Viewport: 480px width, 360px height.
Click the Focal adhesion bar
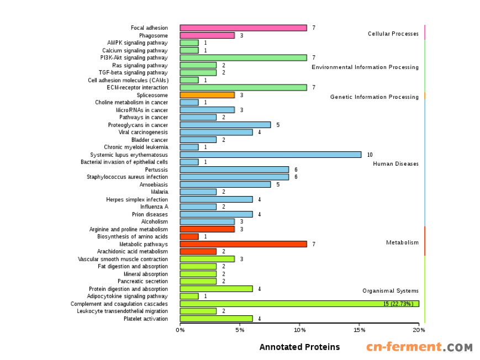point(243,28)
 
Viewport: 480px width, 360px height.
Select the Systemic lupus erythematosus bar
point(271,155)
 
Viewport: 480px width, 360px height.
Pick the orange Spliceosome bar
point(207,95)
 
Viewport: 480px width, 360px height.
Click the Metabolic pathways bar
point(243,244)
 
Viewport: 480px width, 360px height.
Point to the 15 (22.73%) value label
point(398,304)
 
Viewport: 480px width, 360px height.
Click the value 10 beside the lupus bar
point(370,155)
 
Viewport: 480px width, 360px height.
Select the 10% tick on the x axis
point(299,330)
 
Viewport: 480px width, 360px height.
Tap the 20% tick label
point(419,330)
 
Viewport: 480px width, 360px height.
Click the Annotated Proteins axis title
point(299,347)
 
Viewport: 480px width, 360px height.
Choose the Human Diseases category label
point(395,164)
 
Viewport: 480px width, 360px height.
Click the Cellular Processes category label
point(393,34)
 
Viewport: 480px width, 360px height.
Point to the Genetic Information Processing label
point(374,97)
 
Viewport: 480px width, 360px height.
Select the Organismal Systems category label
point(390,291)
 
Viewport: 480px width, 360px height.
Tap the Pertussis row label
point(156,170)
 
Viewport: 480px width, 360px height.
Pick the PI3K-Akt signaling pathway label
point(134,57)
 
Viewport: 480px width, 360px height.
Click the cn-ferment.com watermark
point(419,347)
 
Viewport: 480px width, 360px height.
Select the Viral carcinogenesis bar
point(216,132)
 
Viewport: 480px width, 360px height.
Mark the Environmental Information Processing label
point(365,67)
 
